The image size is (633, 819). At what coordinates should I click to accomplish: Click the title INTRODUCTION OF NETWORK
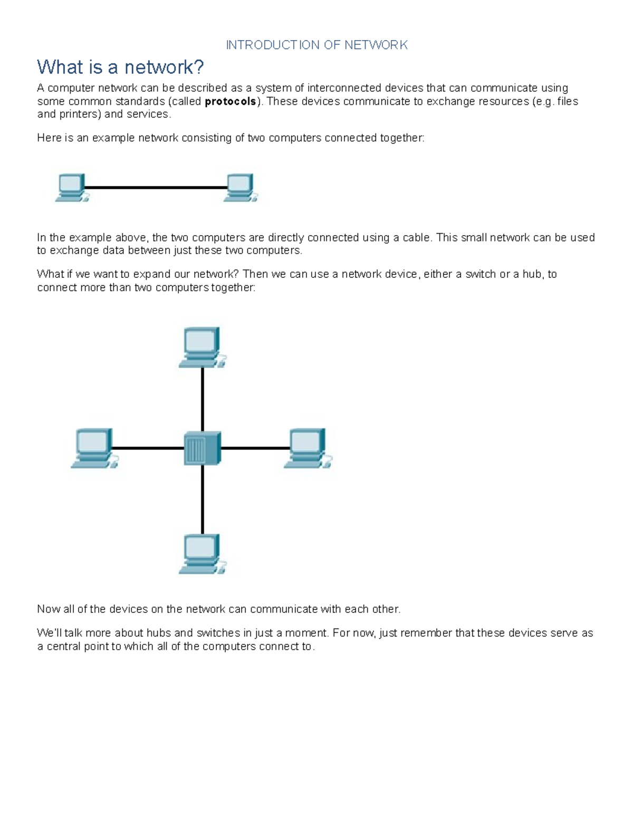coord(316,45)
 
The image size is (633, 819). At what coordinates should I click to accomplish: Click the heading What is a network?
coord(120,67)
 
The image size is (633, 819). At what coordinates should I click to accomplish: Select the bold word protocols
coord(231,101)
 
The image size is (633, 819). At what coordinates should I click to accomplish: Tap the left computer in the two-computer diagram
coord(72,187)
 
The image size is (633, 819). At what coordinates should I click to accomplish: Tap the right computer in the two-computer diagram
coord(240,187)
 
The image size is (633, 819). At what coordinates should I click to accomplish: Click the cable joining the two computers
coord(156,187)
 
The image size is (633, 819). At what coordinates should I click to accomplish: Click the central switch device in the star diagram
coord(202,448)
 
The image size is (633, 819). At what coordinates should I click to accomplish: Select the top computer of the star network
coord(202,347)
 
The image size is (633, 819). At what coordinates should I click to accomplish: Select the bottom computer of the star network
coord(202,554)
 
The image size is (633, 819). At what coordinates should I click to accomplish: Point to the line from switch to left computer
coord(148,448)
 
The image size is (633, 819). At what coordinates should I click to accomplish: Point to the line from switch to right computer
coord(255,448)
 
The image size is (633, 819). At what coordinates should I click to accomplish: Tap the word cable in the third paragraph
coord(416,238)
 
